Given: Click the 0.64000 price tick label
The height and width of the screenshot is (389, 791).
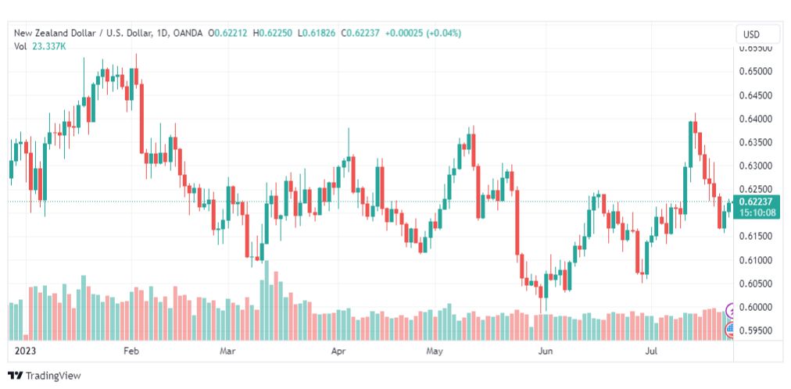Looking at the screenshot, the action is pyautogui.click(x=755, y=119).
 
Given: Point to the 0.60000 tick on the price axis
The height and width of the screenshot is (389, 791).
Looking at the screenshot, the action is pyautogui.click(x=755, y=307).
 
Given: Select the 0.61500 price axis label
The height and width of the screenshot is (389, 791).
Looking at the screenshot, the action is pyautogui.click(x=755, y=237).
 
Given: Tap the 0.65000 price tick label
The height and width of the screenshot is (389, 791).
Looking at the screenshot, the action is pyautogui.click(x=755, y=72).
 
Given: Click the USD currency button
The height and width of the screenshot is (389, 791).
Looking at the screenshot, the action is pyautogui.click(x=751, y=35).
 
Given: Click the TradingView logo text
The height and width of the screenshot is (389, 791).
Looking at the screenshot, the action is pyautogui.click(x=53, y=376).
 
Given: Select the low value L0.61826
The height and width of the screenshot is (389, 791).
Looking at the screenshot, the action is pyautogui.click(x=317, y=34).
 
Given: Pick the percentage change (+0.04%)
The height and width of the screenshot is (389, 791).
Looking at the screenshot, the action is pyautogui.click(x=444, y=34).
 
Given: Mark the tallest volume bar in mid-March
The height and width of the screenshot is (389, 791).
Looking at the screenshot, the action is pyautogui.click(x=267, y=300).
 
